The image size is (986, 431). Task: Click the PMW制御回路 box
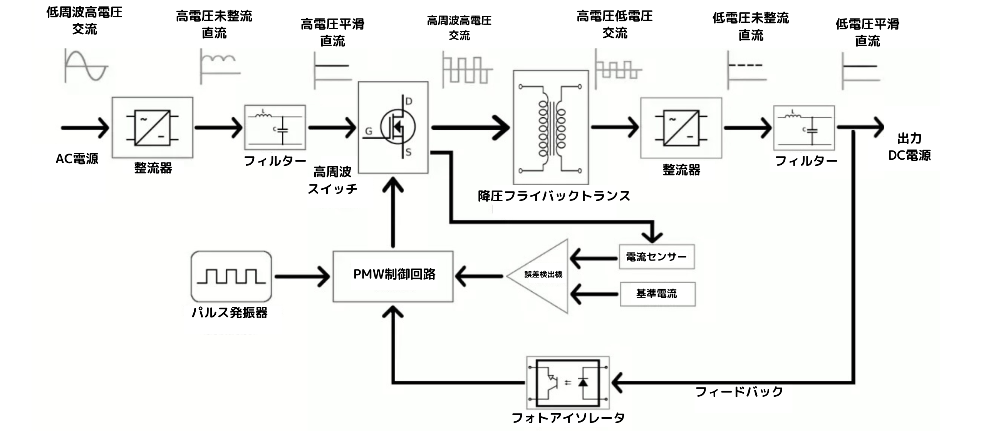pos(393,276)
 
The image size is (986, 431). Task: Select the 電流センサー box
pos(657,257)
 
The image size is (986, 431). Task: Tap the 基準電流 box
pos(657,294)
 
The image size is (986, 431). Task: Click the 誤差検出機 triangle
pos(543,276)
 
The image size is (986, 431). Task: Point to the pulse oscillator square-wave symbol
pos(231,276)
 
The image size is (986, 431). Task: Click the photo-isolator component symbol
pos(568,383)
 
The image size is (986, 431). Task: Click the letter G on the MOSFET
pos(369,132)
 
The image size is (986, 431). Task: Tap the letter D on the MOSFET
pos(409,101)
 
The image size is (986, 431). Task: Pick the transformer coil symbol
pos(551,127)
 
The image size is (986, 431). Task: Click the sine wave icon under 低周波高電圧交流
pos(86,66)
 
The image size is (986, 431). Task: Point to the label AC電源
pos(77,159)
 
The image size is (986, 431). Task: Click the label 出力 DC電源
pos(909,147)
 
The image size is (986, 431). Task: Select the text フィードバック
pos(739,392)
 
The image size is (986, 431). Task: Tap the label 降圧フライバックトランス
pos(554,196)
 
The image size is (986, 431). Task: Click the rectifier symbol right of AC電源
pos(153,127)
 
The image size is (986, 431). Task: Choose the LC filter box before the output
pos(804,128)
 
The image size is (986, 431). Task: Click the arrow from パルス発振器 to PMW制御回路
pos(302,276)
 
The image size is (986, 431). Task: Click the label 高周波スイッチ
pos(332,180)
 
